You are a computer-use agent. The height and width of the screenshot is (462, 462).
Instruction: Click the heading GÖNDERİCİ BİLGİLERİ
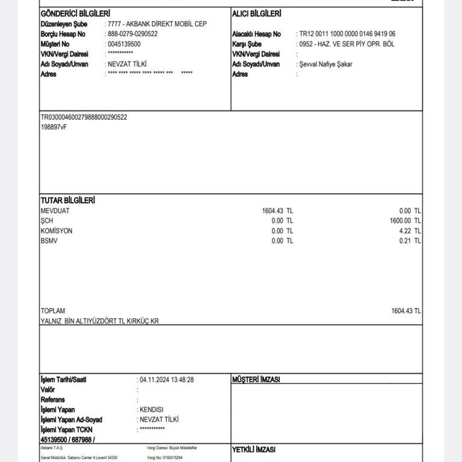75,13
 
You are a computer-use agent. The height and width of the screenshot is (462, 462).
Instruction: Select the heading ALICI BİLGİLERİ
257,13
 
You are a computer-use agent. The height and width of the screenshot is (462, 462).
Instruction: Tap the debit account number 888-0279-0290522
132,34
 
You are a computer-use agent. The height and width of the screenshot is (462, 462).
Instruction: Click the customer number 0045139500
124,44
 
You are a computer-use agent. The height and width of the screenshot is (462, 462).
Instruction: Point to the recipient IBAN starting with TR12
347,34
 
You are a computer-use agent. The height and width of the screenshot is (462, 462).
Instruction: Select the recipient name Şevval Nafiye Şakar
325,64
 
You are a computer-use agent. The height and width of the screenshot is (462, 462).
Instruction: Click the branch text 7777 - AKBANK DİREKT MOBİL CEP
157,24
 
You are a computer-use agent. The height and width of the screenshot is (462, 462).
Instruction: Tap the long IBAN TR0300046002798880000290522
84,117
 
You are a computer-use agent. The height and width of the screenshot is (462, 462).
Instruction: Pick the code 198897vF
54,127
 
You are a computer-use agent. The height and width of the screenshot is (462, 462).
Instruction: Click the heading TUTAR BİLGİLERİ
67,200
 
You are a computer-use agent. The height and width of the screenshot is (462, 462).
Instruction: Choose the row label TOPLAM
53,311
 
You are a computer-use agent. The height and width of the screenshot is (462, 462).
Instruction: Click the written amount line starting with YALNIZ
100,321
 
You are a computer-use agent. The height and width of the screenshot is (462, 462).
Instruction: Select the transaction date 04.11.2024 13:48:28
167,380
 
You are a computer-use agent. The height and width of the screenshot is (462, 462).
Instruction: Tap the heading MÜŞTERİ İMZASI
256,380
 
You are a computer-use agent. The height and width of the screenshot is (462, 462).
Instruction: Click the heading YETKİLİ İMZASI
253,449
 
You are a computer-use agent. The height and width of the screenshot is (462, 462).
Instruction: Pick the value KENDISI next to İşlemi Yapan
153,409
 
